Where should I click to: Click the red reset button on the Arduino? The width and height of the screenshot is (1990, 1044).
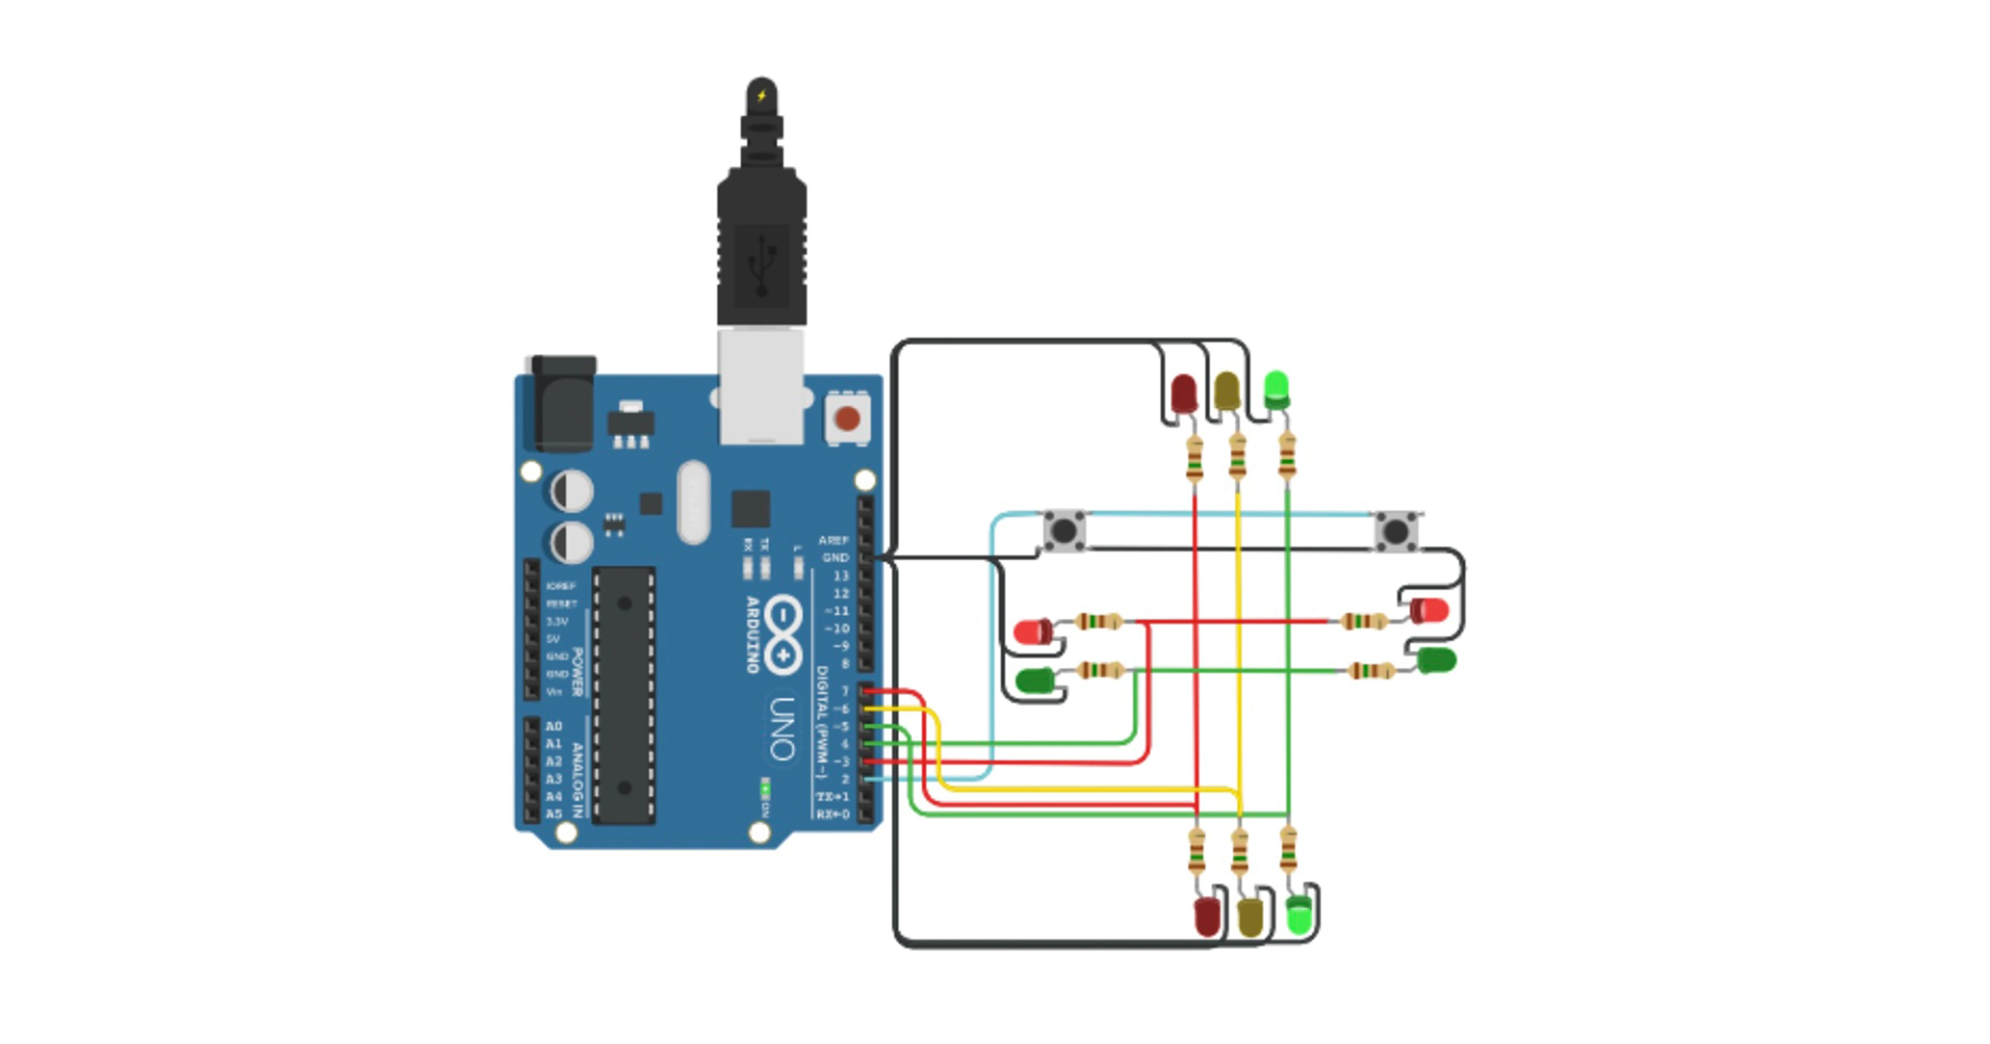(847, 419)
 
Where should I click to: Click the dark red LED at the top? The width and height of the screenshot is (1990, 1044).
(1183, 393)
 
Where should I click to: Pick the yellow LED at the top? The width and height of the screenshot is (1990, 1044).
(1226, 391)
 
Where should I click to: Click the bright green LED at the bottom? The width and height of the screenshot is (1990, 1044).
(1299, 915)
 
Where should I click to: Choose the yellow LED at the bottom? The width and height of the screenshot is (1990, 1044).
(1250, 917)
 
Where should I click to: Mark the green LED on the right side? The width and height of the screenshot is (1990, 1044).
(1437, 661)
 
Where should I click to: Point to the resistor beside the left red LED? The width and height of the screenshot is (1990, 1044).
(1098, 621)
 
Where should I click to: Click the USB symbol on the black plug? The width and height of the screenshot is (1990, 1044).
(762, 267)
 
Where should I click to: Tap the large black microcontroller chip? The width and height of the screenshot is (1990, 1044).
(624, 695)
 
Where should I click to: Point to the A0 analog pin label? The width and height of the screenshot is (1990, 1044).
(553, 726)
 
